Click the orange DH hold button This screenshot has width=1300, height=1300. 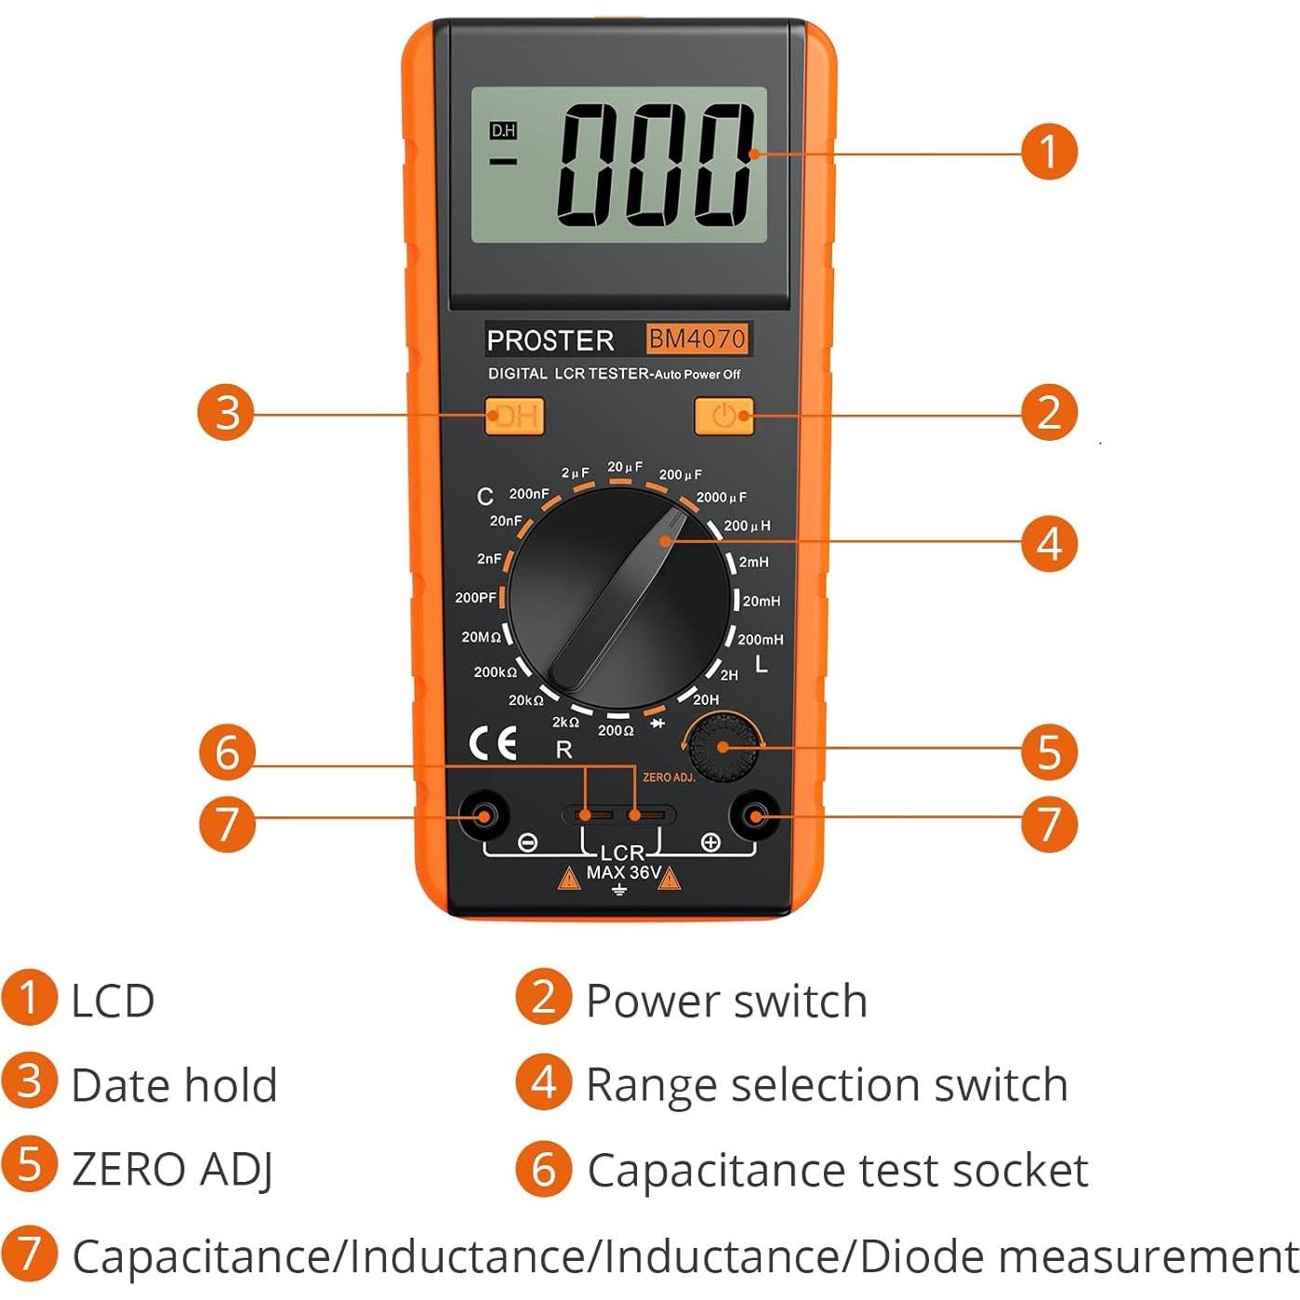513,416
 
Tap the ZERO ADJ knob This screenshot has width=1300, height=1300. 723,747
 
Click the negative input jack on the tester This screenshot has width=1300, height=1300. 484,816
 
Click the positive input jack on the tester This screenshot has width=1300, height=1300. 755,816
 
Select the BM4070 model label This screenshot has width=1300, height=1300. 696,338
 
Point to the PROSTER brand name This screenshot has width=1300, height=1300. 551,340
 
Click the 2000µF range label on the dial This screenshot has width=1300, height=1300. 721,497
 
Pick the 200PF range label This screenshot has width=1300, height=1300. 475,598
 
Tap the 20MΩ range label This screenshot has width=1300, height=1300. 481,637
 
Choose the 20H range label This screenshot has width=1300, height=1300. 706,699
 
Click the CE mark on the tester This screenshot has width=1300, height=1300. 493,743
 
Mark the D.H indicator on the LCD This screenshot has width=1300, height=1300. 503,131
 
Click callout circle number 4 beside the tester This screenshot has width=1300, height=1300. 1049,543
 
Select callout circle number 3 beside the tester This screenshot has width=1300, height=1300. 226,413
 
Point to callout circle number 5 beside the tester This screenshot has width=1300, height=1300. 1049,751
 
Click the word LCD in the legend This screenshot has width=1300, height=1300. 113,1002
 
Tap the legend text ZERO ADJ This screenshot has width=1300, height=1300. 173,1170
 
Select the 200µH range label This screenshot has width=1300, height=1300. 747,526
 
